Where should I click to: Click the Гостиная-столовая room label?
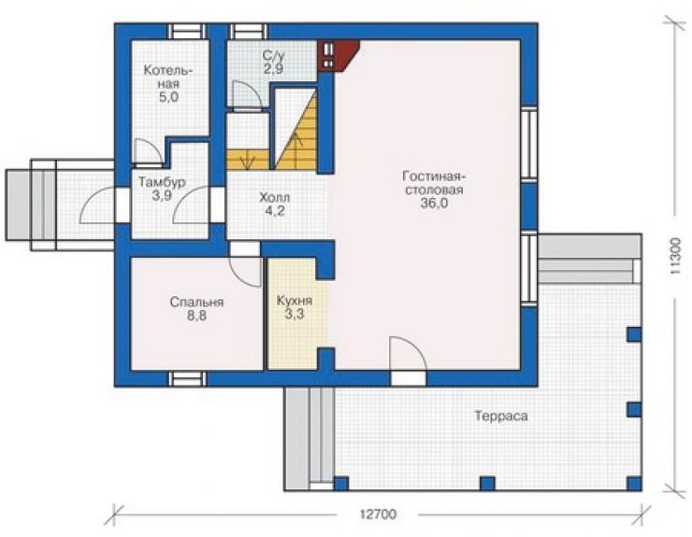[434, 183]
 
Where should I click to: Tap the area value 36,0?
[434, 204]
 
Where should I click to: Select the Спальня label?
[196, 303]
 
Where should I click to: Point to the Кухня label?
[295, 301]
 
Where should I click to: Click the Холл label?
[275, 197]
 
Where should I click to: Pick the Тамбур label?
[162, 181]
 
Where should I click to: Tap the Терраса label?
[501, 416]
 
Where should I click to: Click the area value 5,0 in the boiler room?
[168, 97]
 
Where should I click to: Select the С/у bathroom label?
[274, 55]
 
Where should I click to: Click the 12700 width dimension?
[378, 514]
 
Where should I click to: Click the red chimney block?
[339, 55]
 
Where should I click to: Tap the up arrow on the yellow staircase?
[298, 140]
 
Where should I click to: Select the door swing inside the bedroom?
[245, 273]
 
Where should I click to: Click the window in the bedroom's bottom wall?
[187, 379]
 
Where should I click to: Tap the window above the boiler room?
[186, 32]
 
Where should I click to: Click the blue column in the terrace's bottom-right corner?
[634, 484]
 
